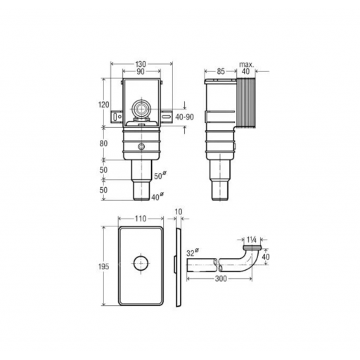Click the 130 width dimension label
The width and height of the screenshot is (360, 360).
[141, 64]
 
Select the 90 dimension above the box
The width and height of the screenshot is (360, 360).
[141, 72]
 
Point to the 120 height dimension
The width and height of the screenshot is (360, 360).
[103, 105]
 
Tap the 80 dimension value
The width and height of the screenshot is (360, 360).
[103, 143]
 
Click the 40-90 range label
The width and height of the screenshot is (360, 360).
[185, 117]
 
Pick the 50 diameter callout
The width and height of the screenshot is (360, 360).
[160, 176]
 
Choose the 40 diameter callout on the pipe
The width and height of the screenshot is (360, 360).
[157, 196]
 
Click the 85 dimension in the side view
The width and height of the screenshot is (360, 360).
[221, 71]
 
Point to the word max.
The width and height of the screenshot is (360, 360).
[246, 64]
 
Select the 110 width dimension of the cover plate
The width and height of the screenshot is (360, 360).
[141, 219]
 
